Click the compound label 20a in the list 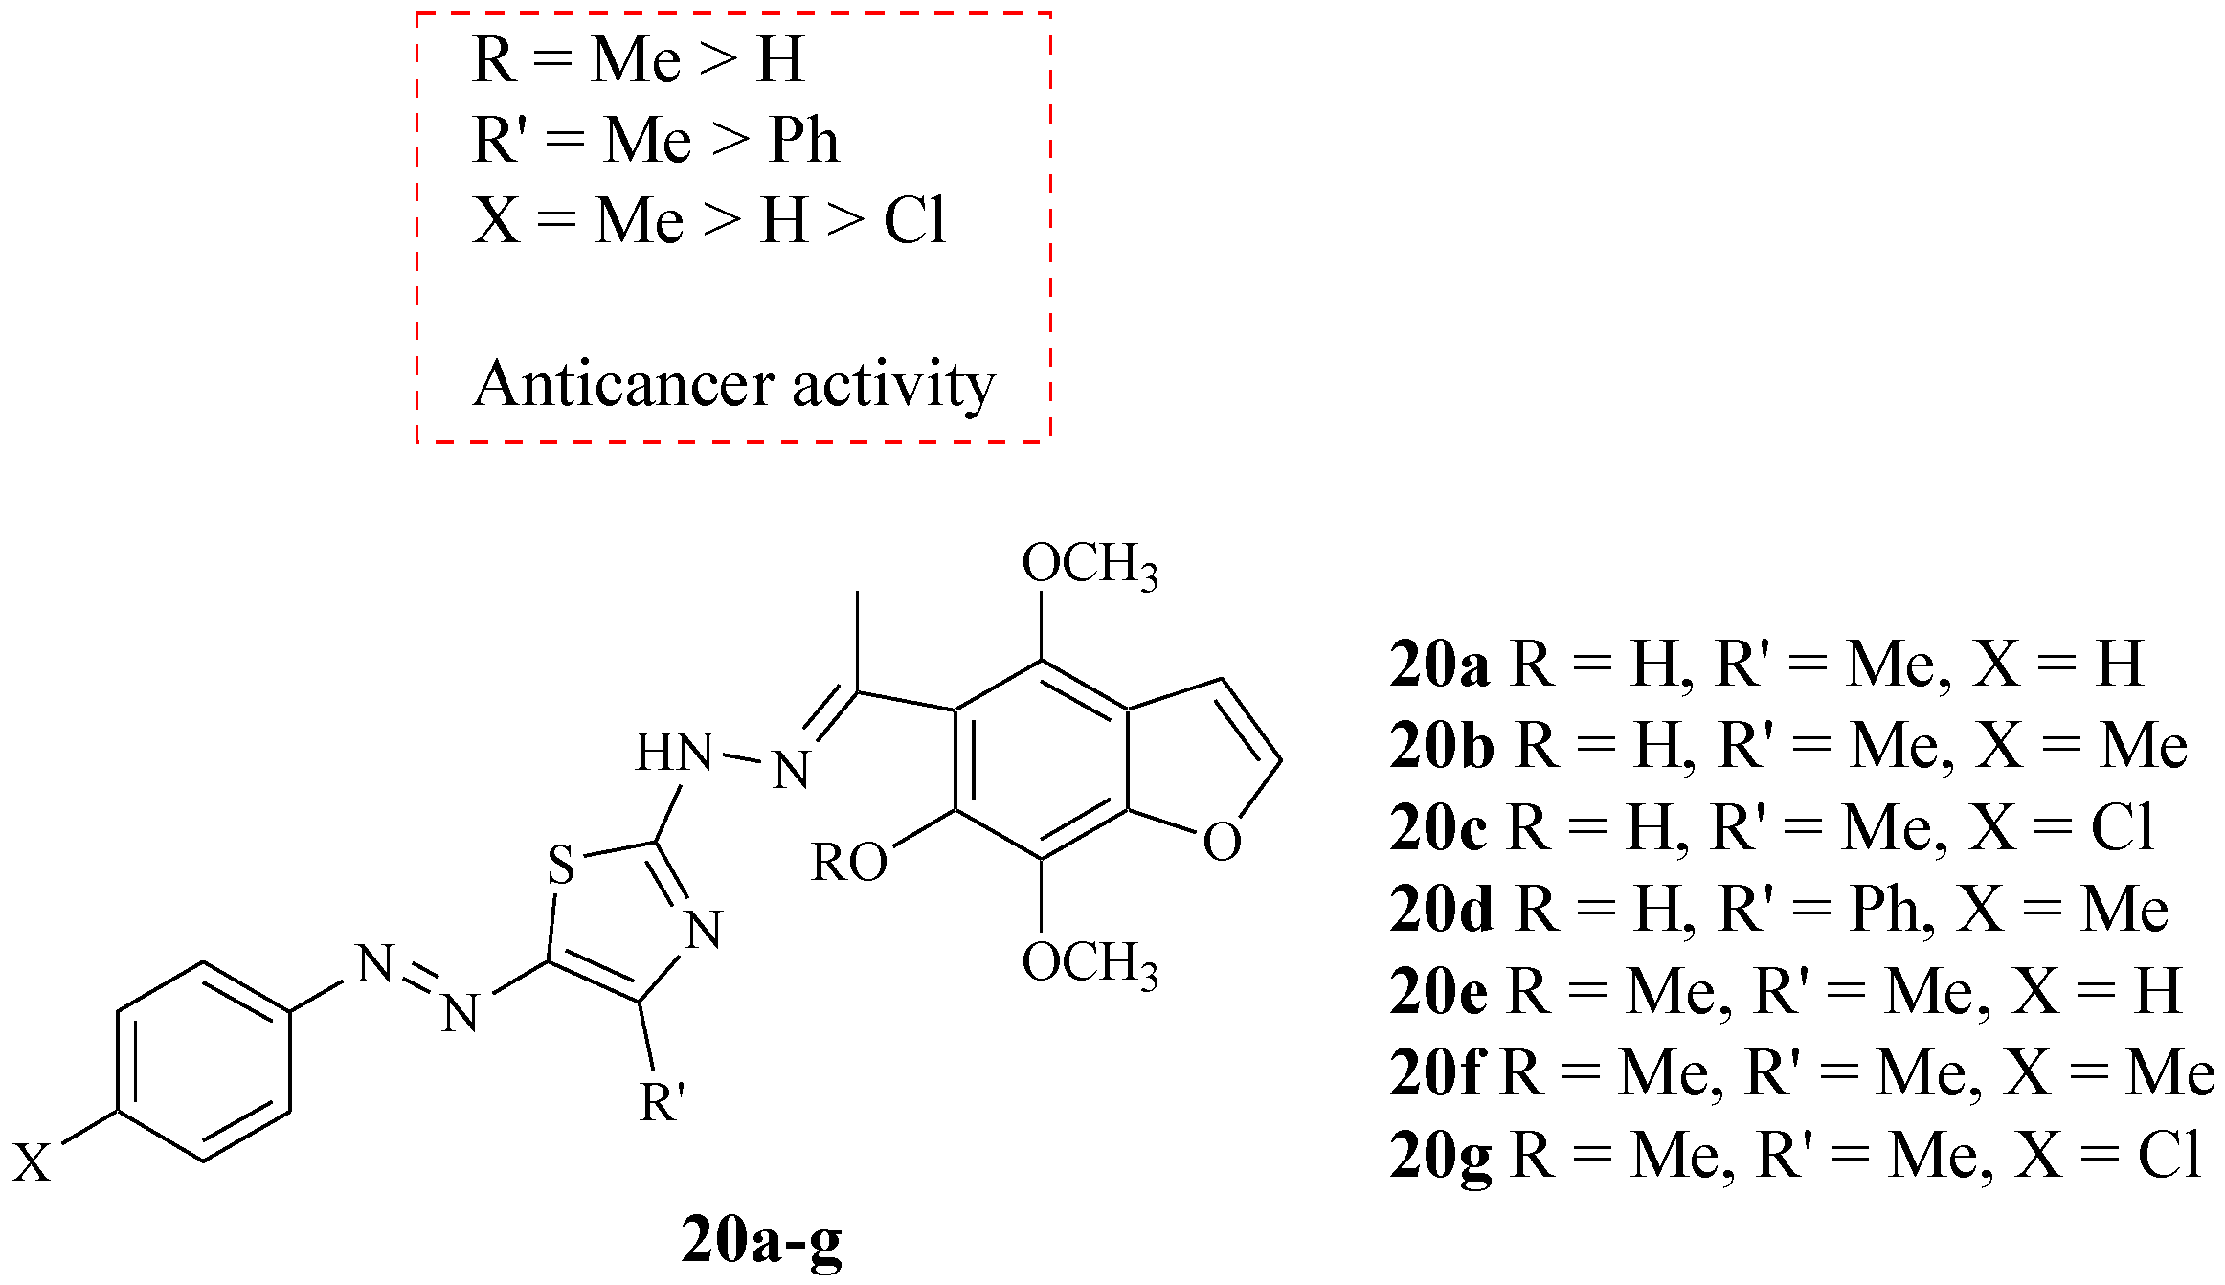[1439, 663]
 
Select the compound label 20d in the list [1441, 909]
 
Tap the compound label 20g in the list [1440, 1156]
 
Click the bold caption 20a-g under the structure [761, 1241]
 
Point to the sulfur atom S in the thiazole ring [561, 865]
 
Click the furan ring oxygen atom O [1222, 843]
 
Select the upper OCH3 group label [1090, 564]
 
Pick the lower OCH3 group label [1090, 963]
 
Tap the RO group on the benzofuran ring [848, 863]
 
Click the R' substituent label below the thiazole [663, 1102]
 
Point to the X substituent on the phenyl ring [32, 1163]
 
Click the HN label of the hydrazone [674, 753]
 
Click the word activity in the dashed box [894, 385]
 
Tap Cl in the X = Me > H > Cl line [914, 221]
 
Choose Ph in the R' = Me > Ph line [804, 141]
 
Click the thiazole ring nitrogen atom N [705, 930]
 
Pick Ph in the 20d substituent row [1883, 909]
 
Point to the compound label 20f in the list [1436, 1073]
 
